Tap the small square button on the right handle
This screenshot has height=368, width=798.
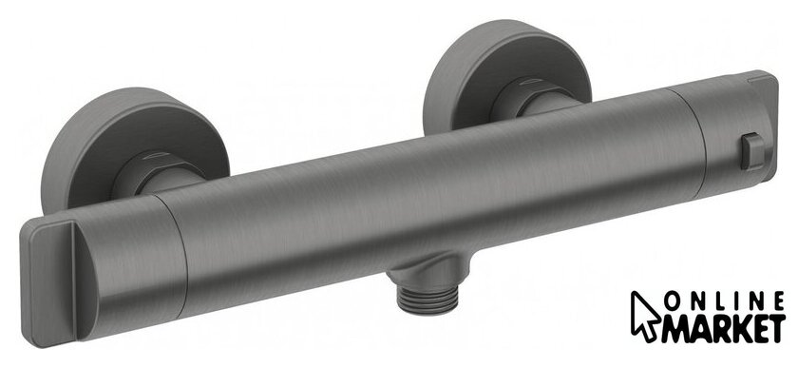pos(752,151)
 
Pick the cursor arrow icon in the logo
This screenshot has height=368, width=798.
pos(644,316)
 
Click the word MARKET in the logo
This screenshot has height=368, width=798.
pos(724,329)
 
